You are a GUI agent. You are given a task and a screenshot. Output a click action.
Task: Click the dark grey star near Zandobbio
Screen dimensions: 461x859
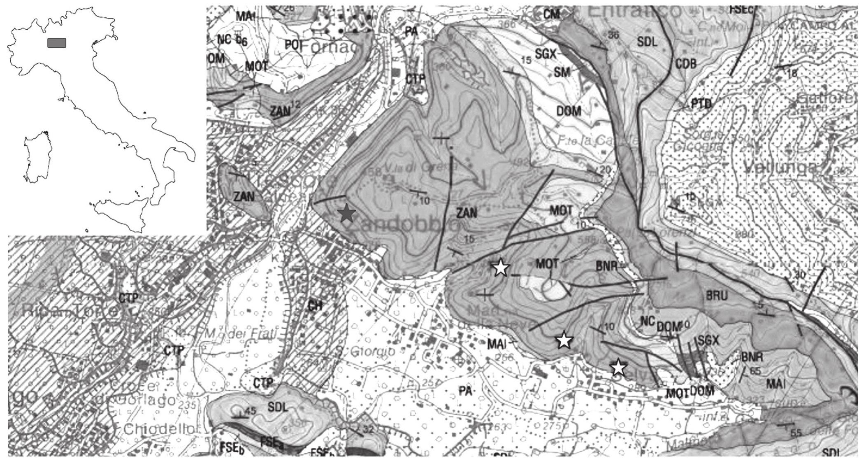347,214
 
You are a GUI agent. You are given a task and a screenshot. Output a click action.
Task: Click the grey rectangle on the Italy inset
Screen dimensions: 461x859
57,43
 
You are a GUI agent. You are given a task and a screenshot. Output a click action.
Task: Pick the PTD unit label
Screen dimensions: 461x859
701,103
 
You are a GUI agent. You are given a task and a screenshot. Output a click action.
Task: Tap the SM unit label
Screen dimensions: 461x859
562,72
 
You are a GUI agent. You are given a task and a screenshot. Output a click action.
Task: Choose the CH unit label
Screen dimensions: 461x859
315,305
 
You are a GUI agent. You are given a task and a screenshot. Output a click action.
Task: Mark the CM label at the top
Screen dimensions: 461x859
552,14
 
